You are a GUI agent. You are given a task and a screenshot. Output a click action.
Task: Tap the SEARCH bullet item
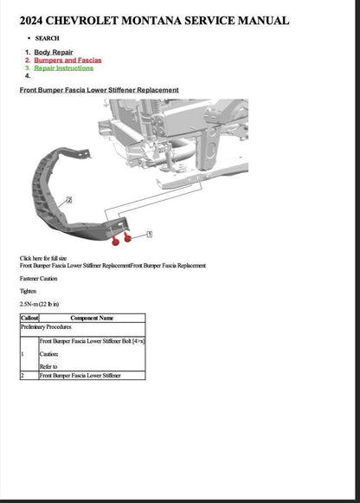click(x=48, y=39)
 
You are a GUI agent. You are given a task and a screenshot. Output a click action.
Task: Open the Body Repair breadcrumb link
click(x=54, y=52)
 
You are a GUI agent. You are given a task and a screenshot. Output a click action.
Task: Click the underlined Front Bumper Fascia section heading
click(x=99, y=90)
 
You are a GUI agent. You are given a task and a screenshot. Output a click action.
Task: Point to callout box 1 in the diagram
click(x=149, y=234)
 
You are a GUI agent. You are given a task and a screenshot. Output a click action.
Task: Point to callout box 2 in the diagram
click(x=68, y=199)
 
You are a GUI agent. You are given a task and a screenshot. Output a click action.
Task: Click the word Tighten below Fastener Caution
click(x=28, y=292)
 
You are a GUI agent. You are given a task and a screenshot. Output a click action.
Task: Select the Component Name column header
click(x=91, y=319)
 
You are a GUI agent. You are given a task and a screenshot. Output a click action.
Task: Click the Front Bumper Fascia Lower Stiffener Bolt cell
click(x=92, y=342)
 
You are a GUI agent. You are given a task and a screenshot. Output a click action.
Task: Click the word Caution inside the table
click(x=48, y=354)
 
